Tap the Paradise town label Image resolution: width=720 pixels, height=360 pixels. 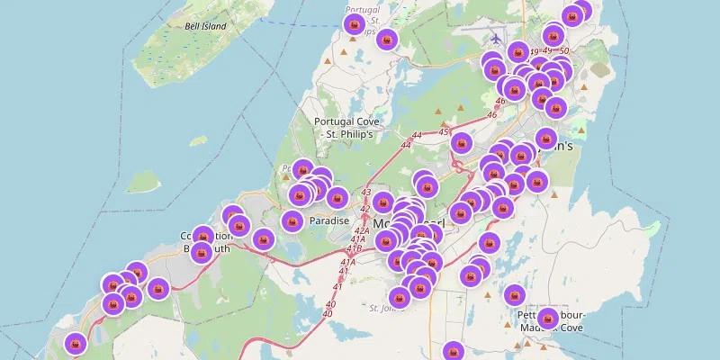click(328, 220)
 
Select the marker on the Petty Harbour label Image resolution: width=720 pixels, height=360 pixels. click(547, 318)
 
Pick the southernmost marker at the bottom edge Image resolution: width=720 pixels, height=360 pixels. click(454, 351)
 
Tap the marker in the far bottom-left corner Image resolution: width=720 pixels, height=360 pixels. click(76, 343)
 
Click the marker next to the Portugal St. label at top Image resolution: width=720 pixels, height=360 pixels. click(355, 23)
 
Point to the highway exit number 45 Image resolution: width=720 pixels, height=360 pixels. click(444, 132)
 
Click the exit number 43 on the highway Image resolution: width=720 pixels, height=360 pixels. click(365, 193)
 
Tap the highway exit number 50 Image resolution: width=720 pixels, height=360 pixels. click(564, 51)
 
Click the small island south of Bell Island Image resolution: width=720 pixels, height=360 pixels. click(142, 183)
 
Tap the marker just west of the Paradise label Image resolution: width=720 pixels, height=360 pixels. click(292, 220)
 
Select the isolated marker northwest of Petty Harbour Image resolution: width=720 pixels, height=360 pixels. click(514, 294)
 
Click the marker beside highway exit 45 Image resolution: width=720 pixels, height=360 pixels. click(462, 143)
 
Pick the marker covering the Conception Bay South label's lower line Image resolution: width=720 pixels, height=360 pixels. click(202, 251)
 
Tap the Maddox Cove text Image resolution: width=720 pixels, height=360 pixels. click(552, 328)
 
